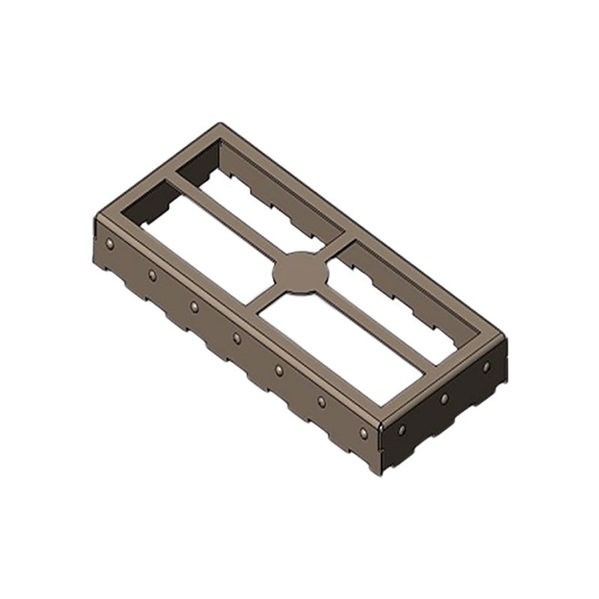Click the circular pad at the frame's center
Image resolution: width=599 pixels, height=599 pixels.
[302, 272]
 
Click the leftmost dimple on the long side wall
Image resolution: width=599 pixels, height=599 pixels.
[110, 243]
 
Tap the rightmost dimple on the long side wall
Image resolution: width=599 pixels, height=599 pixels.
[364, 433]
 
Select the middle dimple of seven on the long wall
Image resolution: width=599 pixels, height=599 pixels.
[237, 338]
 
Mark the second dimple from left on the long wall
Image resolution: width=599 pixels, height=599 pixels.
[153, 276]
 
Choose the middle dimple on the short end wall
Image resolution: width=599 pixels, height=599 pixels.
[444, 398]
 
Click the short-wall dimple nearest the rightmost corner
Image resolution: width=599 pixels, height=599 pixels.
[486, 367]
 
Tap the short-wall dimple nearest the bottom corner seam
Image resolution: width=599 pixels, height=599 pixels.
[402, 430]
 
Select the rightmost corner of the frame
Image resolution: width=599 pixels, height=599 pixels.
[506, 339]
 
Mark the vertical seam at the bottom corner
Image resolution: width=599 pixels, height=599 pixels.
[382, 446]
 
